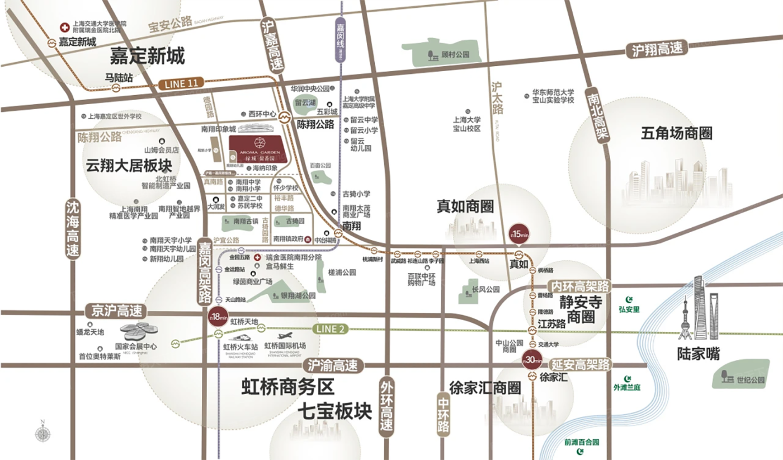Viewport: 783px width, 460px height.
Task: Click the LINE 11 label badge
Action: point(181,83)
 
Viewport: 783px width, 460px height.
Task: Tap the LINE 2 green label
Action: point(330,329)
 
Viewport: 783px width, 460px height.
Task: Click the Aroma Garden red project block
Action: point(258,149)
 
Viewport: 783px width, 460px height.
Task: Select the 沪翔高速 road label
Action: point(657,49)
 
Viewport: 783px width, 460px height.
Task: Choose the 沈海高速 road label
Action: point(73,229)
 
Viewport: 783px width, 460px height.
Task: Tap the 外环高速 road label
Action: point(386,406)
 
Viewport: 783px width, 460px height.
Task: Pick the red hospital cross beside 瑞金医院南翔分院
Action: point(257,257)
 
